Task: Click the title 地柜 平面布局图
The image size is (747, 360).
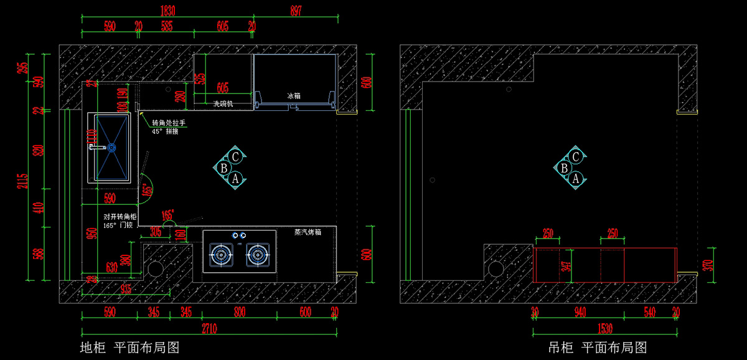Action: point(129,347)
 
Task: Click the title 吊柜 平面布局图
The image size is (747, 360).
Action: point(598,347)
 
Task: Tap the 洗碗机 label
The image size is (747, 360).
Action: point(223,103)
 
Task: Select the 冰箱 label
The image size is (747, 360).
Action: point(294,97)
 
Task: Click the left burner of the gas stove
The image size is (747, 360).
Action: point(220,254)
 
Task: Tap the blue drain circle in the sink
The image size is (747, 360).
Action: point(111,148)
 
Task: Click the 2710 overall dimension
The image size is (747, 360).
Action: point(209,328)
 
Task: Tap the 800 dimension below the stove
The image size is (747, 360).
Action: point(240,313)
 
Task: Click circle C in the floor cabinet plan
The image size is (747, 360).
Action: point(235,156)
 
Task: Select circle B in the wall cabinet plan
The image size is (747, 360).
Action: point(564,168)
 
